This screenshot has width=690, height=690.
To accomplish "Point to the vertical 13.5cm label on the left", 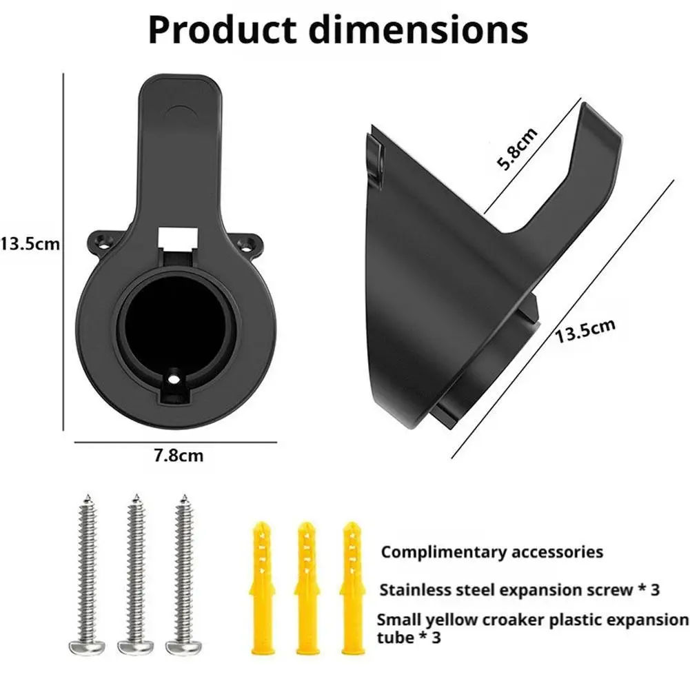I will tap(29, 243).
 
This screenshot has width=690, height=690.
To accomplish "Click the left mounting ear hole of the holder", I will tap(104, 242).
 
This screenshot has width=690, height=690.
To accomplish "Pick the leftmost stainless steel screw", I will tap(88, 572).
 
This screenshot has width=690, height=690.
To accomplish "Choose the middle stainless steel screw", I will tap(135, 572).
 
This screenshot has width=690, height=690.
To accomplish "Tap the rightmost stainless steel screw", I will tap(183, 572).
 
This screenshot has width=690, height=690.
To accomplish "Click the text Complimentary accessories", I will tap(492, 552).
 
